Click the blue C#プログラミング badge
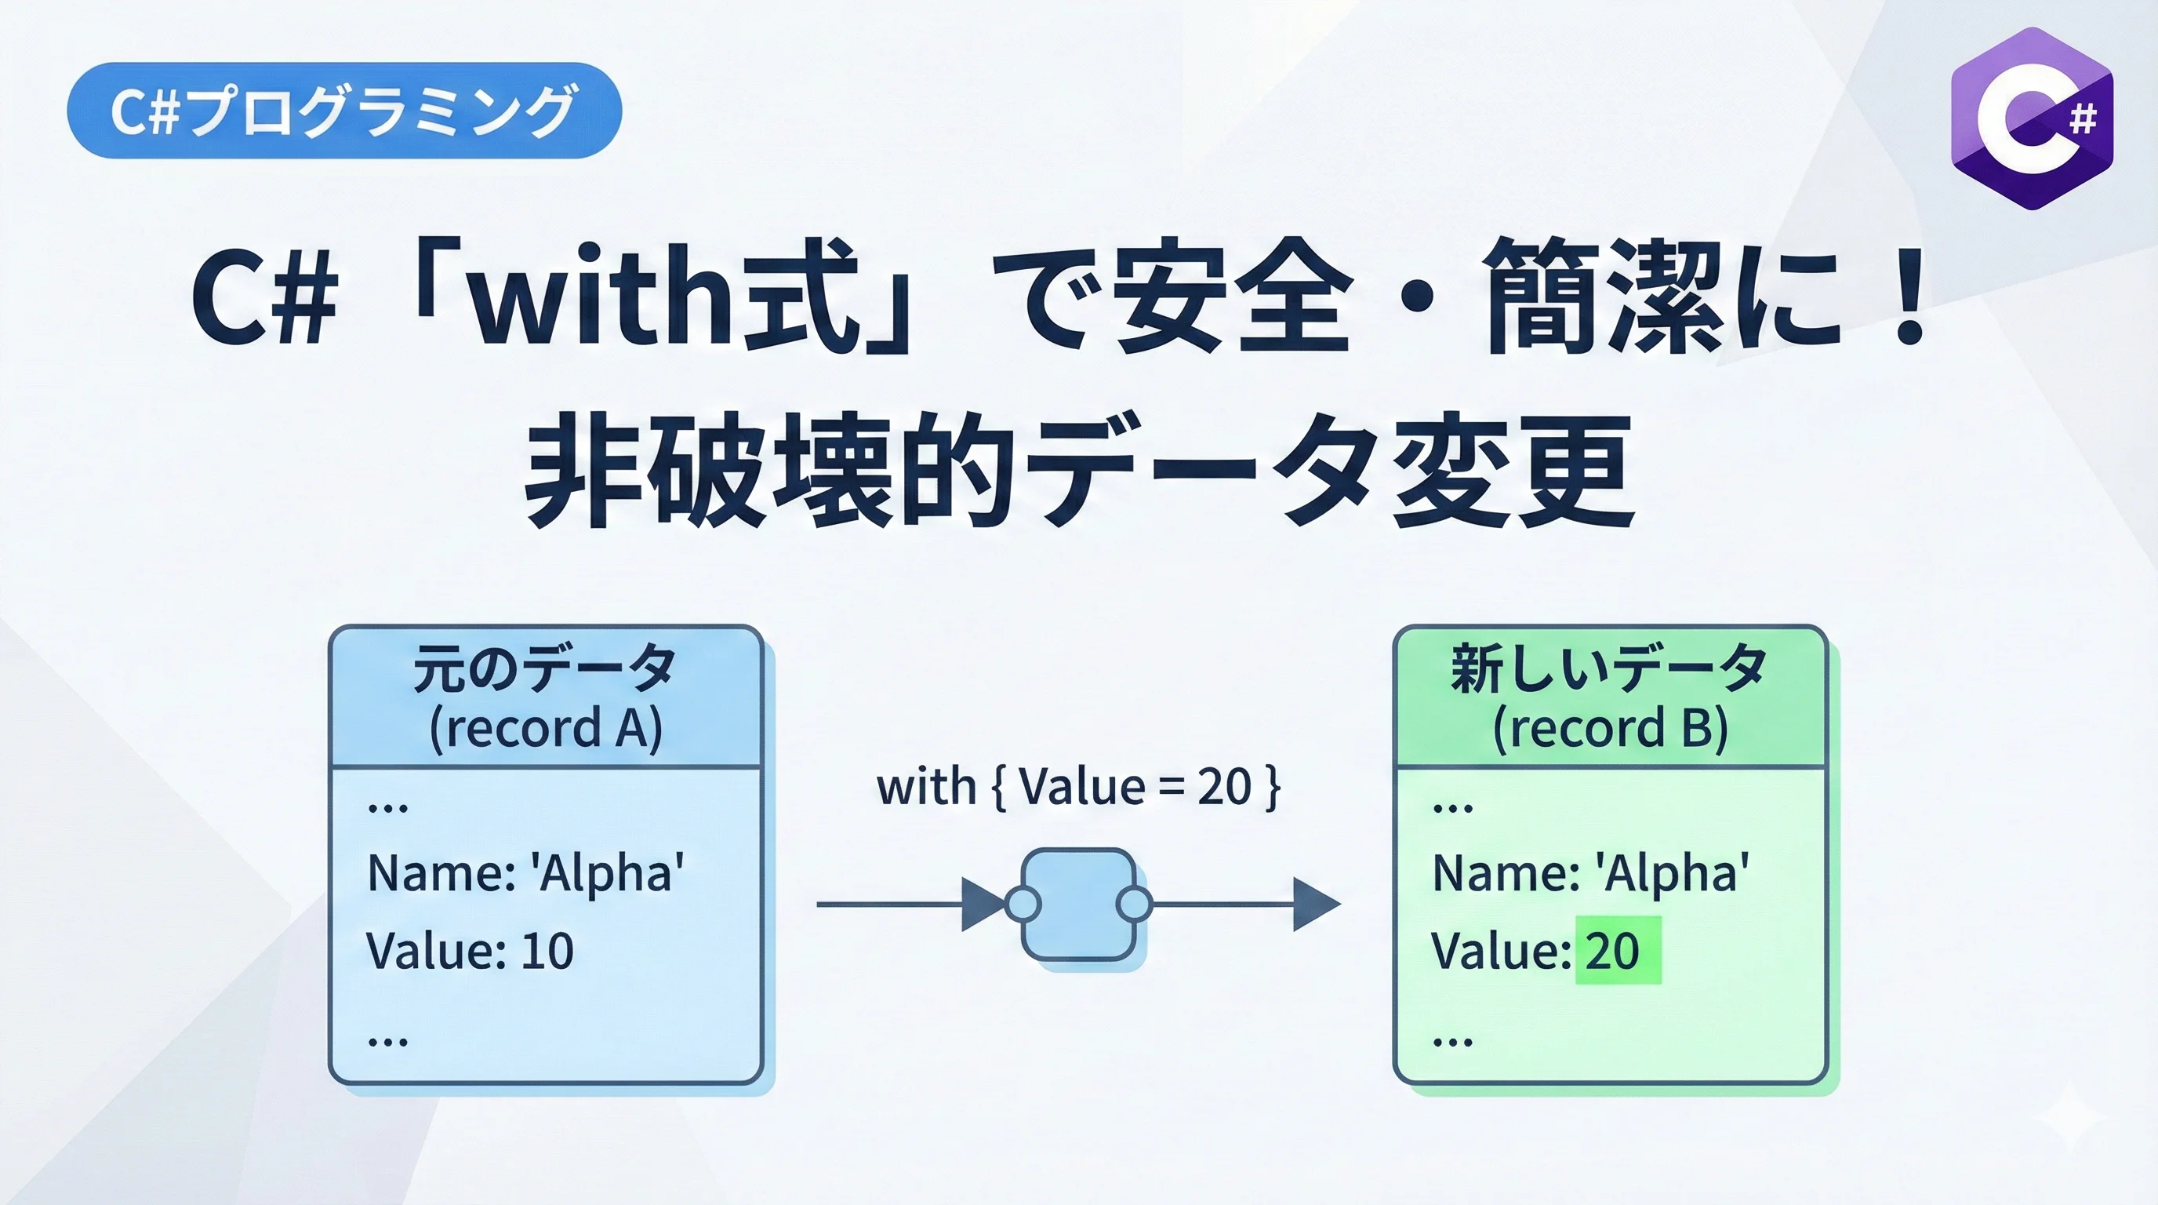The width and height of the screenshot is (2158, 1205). click(x=343, y=111)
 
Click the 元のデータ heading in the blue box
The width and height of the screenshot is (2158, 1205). click(x=545, y=668)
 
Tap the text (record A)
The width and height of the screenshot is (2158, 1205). click(x=545, y=727)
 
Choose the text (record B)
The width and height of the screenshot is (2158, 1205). click(x=1610, y=727)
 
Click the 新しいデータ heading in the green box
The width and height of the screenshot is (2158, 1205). click(x=1608, y=668)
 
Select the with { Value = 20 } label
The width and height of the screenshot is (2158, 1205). click(x=1078, y=788)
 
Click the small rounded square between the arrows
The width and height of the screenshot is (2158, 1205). click(x=1078, y=905)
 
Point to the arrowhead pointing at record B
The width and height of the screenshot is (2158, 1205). click(x=1315, y=905)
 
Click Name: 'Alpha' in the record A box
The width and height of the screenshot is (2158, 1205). click(x=525, y=872)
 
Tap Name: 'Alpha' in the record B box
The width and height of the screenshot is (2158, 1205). click(x=1590, y=872)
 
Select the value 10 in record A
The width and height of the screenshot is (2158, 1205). click(x=547, y=951)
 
